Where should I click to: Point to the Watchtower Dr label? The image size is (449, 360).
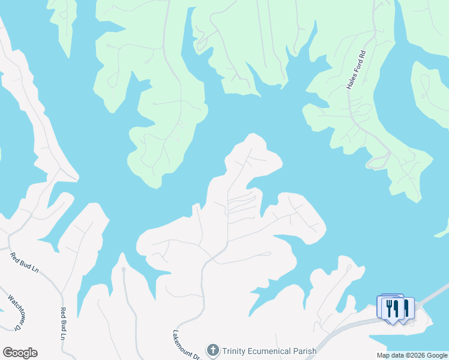[x=15, y=311]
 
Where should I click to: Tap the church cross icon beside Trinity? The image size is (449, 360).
[x=212, y=350]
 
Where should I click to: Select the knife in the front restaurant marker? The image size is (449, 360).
[x=396, y=308]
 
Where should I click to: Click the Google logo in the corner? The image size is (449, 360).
[x=20, y=353]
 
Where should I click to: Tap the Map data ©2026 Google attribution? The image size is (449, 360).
[x=411, y=355]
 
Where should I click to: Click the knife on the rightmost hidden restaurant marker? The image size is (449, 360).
[x=406, y=308]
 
